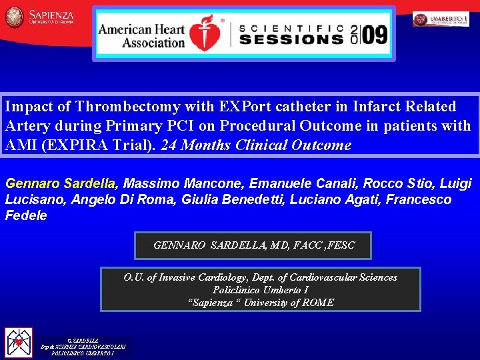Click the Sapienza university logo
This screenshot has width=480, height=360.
(x=40, y=17)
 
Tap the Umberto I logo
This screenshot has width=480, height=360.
(x=441, y=19)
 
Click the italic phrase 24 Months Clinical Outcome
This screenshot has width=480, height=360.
(x=256, y=145)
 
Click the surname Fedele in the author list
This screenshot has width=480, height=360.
(x=26, y=215)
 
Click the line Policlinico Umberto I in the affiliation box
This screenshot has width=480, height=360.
(x=260, y=290)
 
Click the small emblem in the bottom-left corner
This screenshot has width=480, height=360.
(x=19, y=343)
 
